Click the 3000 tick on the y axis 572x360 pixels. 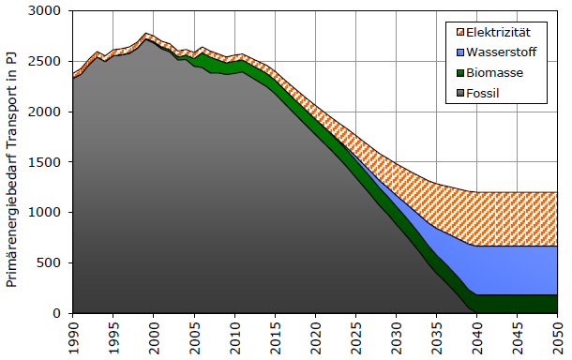tap(44, 11)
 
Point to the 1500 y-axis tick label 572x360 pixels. tap(44, 162)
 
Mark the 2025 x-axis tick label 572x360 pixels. tap(355, 337)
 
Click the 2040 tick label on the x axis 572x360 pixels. tap(476, 337)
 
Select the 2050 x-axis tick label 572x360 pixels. tap(557, 337)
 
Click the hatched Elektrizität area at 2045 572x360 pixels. tap(517, 218)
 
